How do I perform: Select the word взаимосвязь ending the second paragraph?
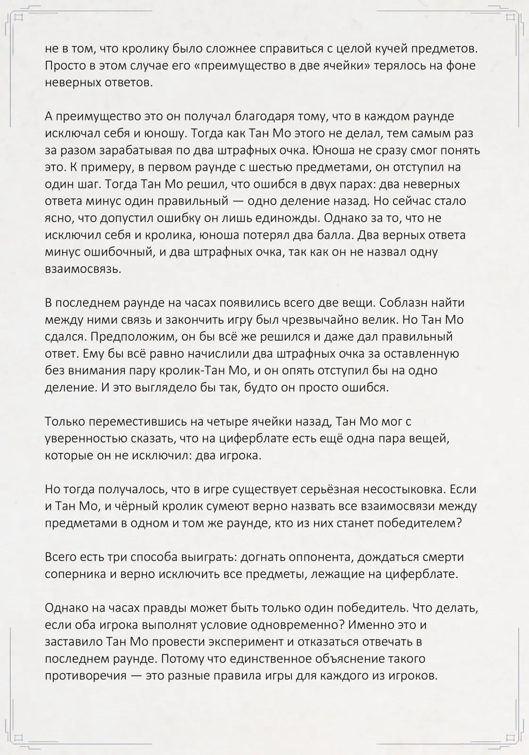[83, 269]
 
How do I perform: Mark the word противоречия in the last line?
[85, 676]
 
